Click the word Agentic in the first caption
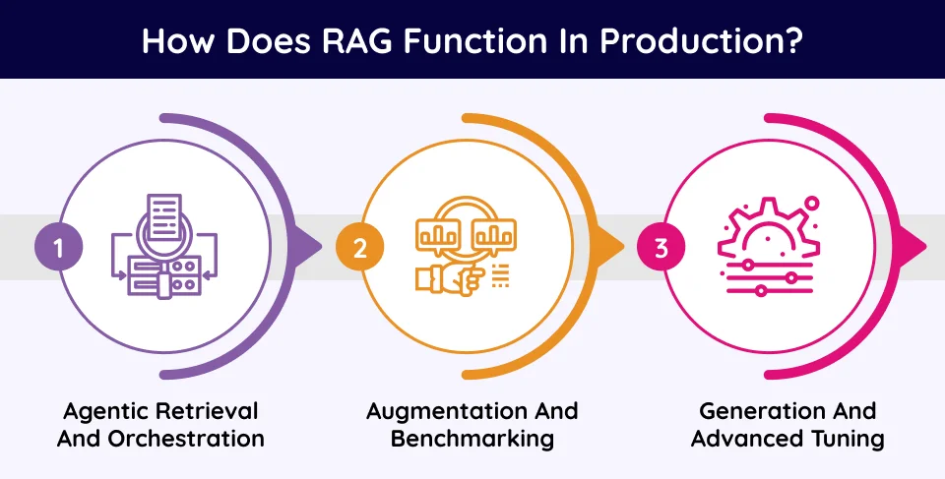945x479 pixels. (x=100, y=410)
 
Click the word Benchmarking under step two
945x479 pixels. (x=472, y=439)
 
